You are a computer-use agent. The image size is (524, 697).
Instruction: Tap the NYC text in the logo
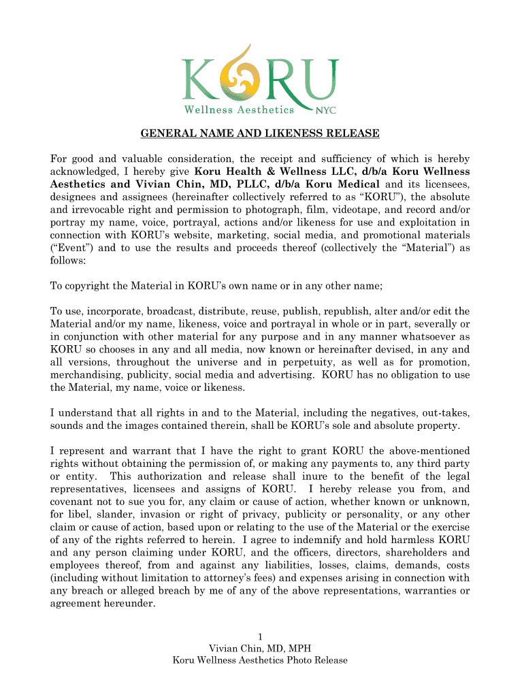pyautogui.click(x=325, y=110)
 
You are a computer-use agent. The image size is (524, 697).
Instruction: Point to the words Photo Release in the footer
pyautogui.click(x=318, y=661)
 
